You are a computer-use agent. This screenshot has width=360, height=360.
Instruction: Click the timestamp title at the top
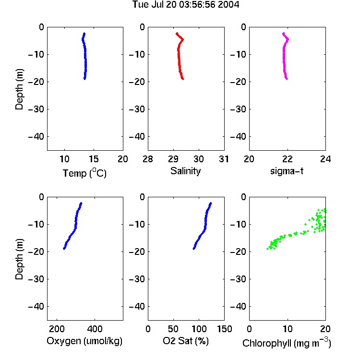[186, 4]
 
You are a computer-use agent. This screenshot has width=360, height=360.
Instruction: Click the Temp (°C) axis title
[84, 173]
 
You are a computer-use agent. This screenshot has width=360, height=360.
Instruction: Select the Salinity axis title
[185, 171]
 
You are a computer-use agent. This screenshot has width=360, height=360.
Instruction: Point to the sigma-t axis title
[287, 171]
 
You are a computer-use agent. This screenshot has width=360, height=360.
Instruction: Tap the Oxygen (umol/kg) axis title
[84, 341]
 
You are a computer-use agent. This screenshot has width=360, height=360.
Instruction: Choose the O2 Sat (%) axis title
[186, 341]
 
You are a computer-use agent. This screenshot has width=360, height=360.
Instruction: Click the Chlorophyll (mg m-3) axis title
[287, 343]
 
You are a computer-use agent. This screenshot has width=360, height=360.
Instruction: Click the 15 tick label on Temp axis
[94, 159]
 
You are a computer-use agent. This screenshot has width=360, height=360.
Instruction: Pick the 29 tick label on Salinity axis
[173, 159]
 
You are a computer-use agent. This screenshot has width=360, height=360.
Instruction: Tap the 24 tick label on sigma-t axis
[325, 159]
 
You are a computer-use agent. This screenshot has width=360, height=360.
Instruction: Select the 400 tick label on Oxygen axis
[95, 329]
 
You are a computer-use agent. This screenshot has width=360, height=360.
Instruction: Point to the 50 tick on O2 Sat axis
[173, 329]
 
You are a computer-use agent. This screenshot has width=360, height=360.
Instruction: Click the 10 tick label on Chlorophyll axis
[288, 329]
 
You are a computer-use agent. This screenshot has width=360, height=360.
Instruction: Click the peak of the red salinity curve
[183, 39]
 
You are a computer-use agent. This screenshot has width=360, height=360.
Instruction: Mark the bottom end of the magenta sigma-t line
[287, 79]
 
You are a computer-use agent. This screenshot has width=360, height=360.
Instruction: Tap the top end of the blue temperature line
[84, 34]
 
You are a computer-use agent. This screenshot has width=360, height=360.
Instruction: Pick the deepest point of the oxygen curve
[64, 249]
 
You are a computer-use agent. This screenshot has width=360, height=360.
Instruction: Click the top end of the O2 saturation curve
[211, 203]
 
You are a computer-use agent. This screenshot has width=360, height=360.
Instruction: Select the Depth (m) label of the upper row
[19, 89]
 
